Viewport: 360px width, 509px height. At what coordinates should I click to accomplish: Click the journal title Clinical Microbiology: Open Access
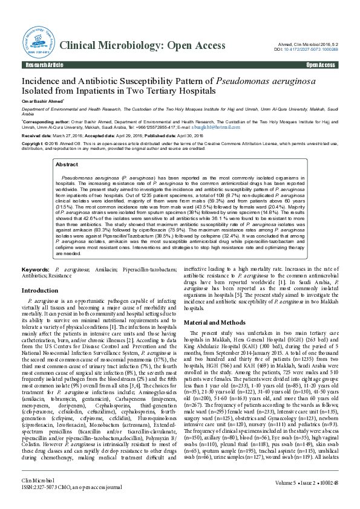pyautogui.click(x=147, y=46)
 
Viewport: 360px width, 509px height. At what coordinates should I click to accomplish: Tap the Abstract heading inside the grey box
pyautogui.click(x=67, y=164)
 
